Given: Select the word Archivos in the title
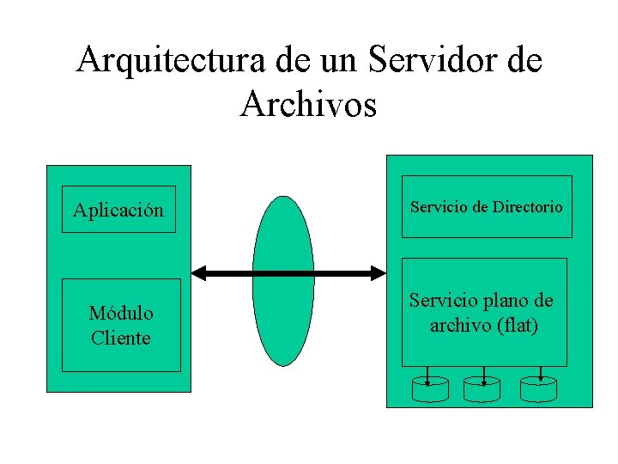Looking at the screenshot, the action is [309, 103].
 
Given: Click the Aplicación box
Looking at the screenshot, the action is [118, 210].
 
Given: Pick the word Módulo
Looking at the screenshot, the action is [121, 313].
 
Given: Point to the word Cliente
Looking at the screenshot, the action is [121, 338].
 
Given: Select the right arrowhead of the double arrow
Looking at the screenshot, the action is [378, 273].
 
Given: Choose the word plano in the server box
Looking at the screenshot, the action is [510, 301].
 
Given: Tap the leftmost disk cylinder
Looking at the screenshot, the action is [430, 389].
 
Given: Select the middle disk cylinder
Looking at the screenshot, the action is [482, 389].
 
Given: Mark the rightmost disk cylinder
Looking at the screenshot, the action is [538, 389].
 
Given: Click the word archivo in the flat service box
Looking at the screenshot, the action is [458, 326].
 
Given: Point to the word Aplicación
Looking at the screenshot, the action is [118, 210].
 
